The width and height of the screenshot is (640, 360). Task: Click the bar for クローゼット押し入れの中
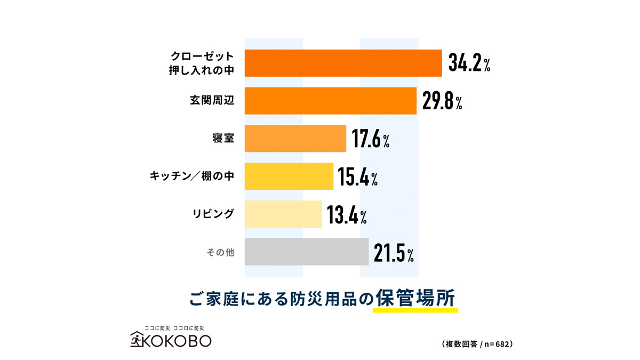343,63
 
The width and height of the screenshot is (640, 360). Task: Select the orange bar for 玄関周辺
330,101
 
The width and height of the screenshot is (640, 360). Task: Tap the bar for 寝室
295,139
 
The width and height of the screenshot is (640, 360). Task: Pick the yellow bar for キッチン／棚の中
289,177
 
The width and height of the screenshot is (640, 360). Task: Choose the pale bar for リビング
283,214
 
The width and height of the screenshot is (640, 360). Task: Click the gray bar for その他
306,252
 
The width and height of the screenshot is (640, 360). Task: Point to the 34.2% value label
469,63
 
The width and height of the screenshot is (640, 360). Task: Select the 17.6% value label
371,139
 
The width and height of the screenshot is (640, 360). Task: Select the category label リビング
213,214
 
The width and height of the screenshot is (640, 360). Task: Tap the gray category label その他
220,252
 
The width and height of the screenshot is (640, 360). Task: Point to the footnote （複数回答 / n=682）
477,344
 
